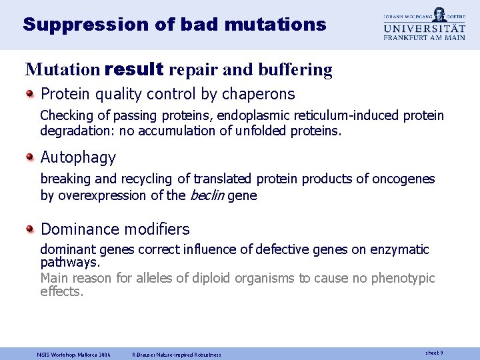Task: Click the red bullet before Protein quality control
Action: pos(30,95)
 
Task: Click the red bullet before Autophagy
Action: pos(30,158)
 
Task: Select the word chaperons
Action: pos(261,95)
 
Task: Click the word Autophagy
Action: pos(78,158)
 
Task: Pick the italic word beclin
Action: pos(207,195)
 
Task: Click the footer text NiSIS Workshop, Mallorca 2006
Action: pos(73,354)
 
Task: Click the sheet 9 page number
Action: pos(433,353)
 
